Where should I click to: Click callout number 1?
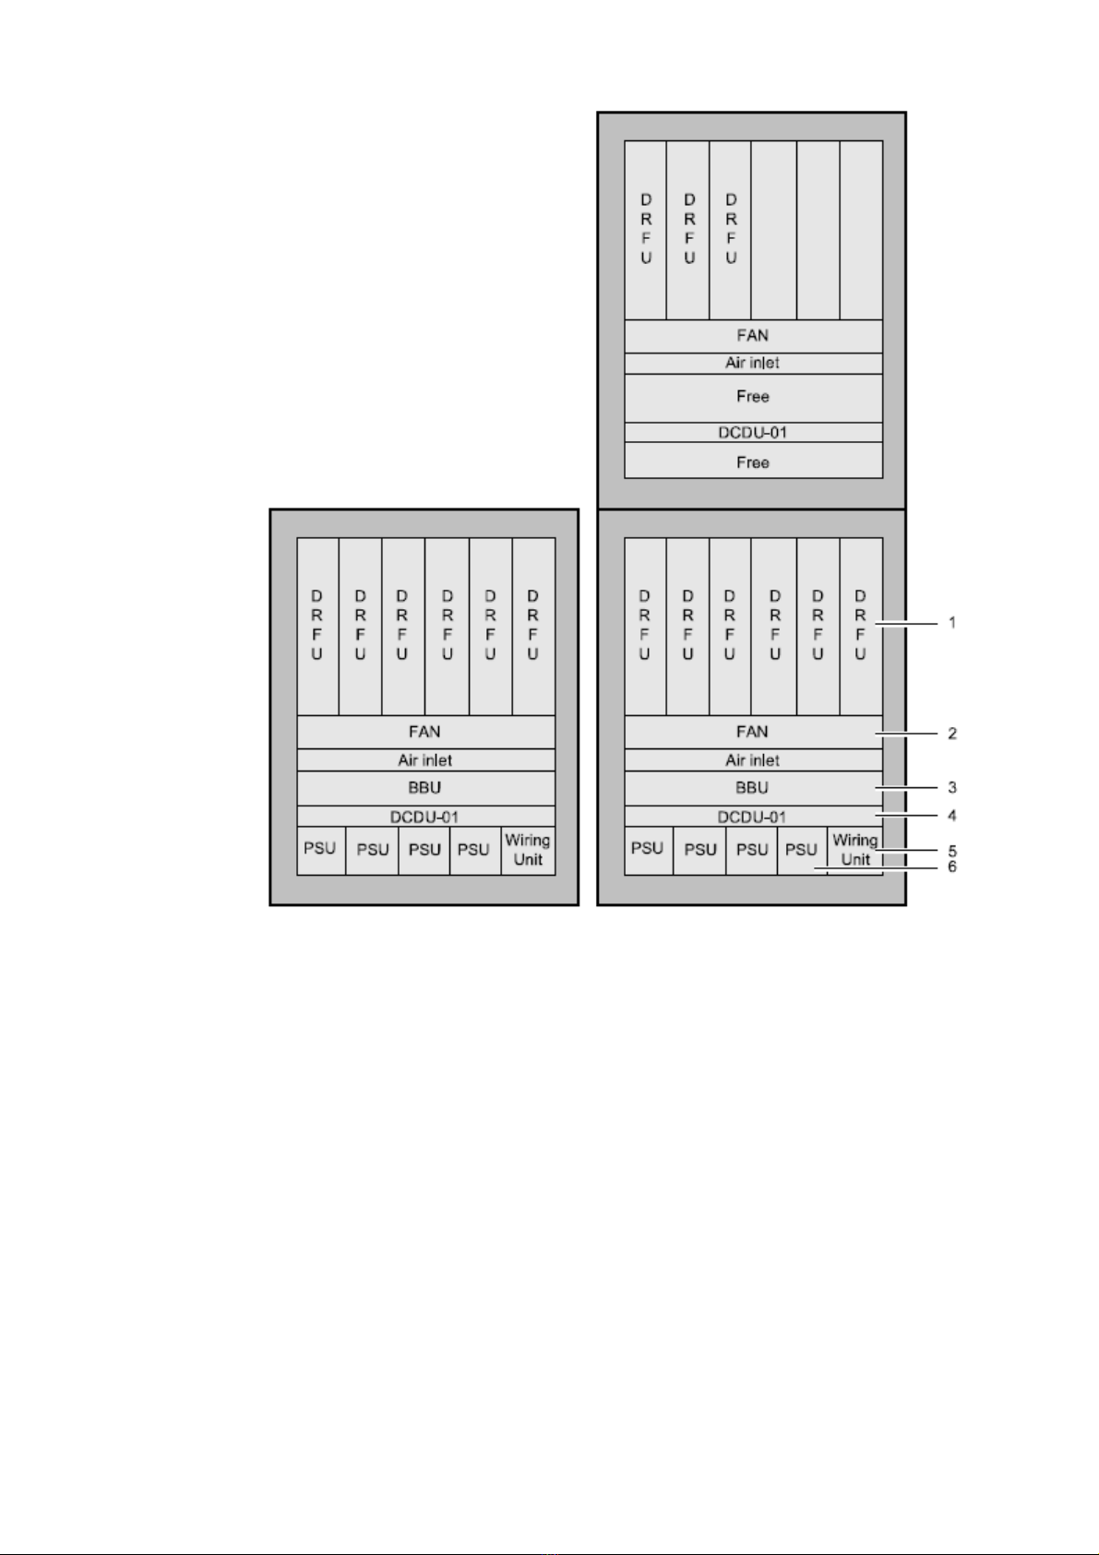point(952,623)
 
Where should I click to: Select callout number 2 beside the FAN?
point(952,733)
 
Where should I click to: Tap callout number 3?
point(952,787)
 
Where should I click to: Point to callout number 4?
point(952,815)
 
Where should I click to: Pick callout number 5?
point(952,850)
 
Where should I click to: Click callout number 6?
point(952,867)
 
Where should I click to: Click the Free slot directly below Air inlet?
point(753,398)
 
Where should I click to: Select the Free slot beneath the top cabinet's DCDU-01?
point(753,461)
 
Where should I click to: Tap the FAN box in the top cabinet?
point(753,336)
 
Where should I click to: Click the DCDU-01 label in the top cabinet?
point(753,433)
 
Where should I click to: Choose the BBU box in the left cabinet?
point(425,789)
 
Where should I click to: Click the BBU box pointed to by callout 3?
point(753,789)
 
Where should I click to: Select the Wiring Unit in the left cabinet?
point(528,850)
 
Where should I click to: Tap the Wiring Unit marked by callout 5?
point(855,850)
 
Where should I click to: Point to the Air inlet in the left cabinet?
point(425,760)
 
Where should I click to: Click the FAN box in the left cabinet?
point(425,733)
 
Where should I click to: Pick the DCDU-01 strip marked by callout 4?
point(753,817)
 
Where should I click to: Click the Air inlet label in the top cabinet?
point(753,363)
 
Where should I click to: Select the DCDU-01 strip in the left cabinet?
point(425,817)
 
